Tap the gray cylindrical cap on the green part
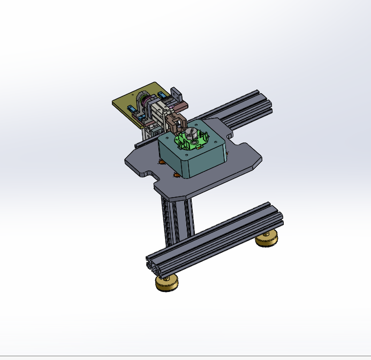click(x=190, y=133)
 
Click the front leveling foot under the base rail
click(x=167, y=283)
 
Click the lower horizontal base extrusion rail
click(x=214, y=236)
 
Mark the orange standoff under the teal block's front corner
click(x=176, y=175)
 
